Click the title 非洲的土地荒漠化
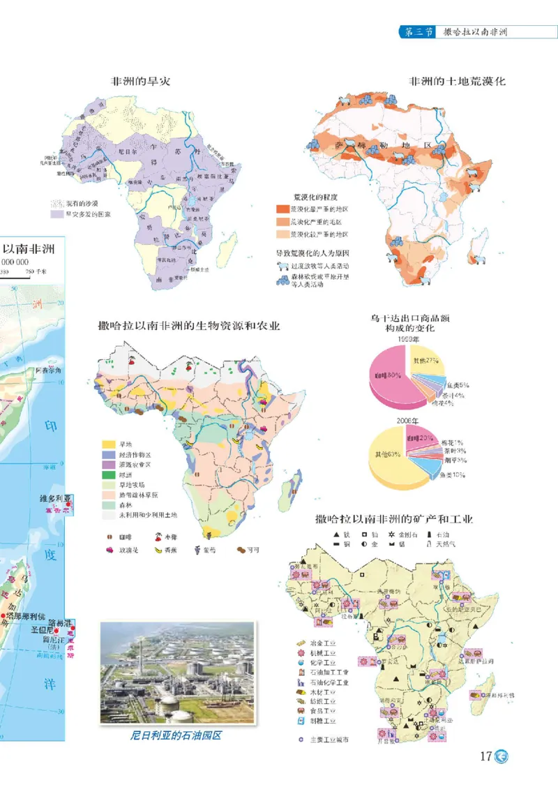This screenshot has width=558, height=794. coord(457,82)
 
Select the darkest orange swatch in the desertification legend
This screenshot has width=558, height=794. coord(282,209)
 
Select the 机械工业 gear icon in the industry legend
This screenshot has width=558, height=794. coord(301,652)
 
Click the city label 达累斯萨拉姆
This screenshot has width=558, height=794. coord(479,658)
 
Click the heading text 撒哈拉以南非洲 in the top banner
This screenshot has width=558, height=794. coord(474,33)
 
